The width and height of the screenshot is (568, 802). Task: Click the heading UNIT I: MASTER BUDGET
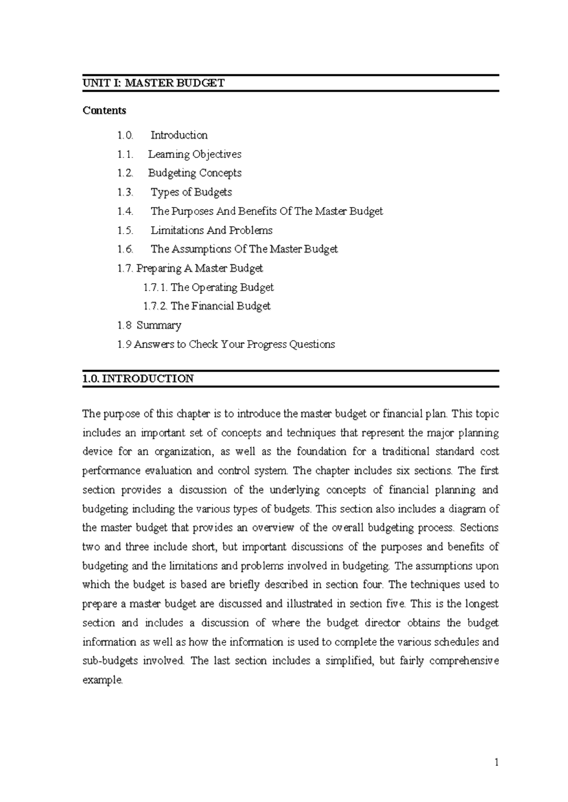click(x=153, y=83)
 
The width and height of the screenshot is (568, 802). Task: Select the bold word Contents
click(x=104, y=110)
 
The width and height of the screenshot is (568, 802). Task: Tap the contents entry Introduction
click(x=179, y=135)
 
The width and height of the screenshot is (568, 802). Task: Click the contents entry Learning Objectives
click(x=195, y=154)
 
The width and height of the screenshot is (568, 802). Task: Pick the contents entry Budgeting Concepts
click(x=195, y=173)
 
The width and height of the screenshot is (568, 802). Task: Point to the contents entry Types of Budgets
click(x=191, y=192)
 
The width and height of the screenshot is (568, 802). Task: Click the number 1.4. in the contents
click(x=125, y=211)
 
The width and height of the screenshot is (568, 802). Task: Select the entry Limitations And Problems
click(x=212, y=230)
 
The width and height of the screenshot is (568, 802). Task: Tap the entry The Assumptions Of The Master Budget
click(x=244, y=249)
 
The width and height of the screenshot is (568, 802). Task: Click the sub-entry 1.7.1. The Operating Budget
click(x=208, y=288)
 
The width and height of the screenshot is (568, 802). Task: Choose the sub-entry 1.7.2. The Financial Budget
click(x=207, y=306)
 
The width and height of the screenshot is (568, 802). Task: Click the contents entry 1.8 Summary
click(x=149, y=325)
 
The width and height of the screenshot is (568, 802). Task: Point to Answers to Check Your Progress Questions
click(x=234, y=344)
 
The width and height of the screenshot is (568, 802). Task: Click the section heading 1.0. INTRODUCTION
click(x=138, y=379)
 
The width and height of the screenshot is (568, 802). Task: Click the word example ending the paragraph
click(x=102, y=680)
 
